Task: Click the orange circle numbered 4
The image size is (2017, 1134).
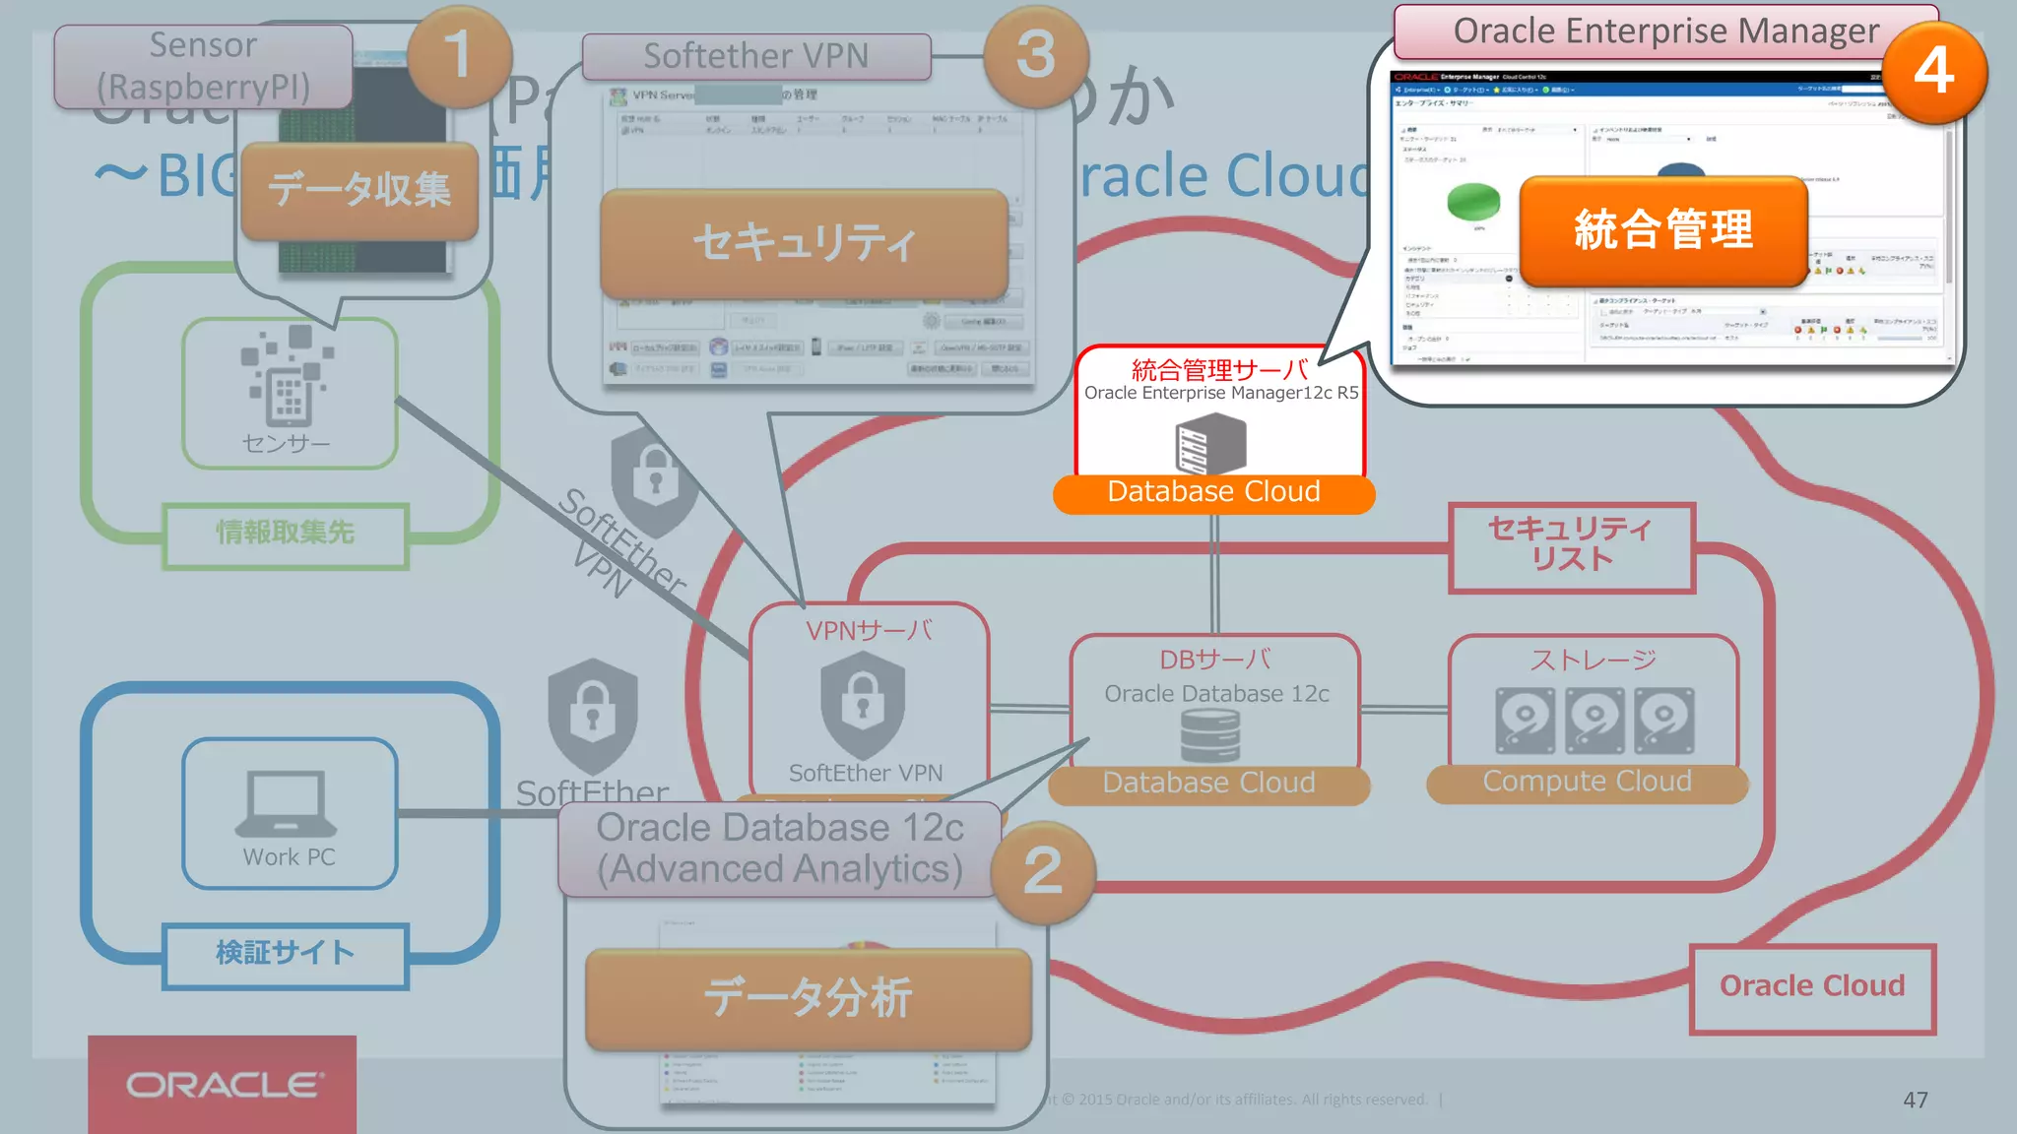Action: (1933, 72)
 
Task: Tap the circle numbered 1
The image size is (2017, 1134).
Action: (458, 55)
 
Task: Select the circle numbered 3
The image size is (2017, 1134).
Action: (1036, 55)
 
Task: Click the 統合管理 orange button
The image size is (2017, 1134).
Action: (1663, 230)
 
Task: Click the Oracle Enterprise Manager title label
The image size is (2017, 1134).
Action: (1665, 31)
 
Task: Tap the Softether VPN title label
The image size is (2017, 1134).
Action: (755, 56)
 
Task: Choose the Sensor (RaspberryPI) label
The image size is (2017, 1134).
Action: (203, 66)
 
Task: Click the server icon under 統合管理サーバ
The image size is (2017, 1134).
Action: (1210, 443)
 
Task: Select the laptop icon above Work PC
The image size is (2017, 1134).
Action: (286, 803)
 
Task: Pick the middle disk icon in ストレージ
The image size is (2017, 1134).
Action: (1594, 720)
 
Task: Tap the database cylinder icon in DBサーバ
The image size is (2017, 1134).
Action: (1209, 735)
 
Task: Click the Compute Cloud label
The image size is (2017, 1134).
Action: (1587, 782)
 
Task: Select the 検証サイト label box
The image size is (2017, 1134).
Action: (285, 954)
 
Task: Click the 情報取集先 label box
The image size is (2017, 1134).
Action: (285, 534)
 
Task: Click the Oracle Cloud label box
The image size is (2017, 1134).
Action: (1811, 986)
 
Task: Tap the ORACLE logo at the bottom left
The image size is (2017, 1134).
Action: (223, 1085)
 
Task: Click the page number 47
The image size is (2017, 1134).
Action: (1915, 1100)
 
